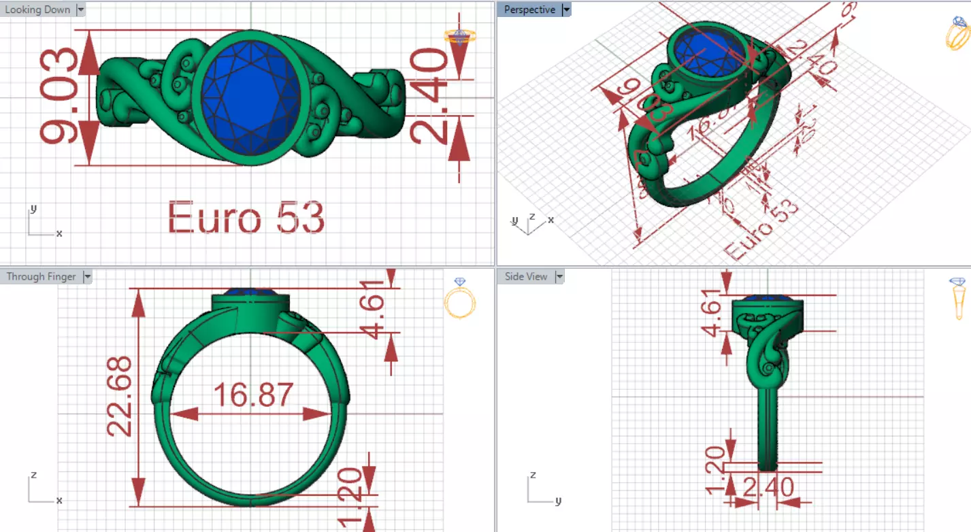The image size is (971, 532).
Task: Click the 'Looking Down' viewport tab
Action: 37,10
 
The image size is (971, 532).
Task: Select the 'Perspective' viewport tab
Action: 529,10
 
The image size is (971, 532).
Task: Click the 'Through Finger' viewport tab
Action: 41,276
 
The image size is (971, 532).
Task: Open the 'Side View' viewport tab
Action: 526,276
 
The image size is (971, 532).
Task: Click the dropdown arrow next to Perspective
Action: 566,10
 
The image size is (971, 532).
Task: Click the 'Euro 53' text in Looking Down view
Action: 246,218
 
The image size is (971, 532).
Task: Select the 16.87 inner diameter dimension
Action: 253,395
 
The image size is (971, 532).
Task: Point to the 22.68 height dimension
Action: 120,397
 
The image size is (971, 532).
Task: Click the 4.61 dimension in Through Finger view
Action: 374,304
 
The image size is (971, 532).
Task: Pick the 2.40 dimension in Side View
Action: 768,488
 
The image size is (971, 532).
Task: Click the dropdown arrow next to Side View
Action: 559,276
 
